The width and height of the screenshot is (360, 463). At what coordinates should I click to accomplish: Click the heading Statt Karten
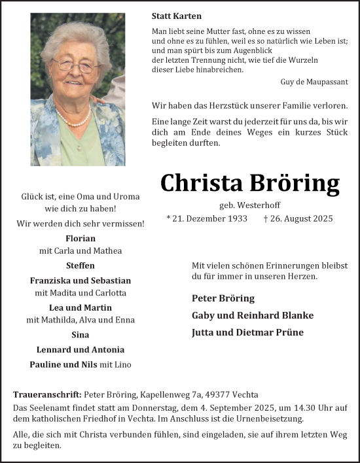tap(176, 16)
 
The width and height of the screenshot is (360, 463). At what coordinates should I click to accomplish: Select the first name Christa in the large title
tap(198, 184)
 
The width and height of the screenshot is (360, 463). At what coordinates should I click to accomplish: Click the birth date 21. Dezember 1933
tap(209, 218)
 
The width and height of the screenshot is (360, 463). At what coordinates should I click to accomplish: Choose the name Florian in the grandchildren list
tap(81, 239)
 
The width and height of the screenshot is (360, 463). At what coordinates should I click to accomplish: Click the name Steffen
tap(81, 266)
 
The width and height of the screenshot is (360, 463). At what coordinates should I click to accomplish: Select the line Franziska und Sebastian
tap(81, 280)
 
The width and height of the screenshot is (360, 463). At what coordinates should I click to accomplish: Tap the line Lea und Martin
tap(81, 307)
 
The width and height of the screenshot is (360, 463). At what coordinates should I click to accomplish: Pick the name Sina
tap(81, 334)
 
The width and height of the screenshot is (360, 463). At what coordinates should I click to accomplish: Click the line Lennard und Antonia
tap(81, 349)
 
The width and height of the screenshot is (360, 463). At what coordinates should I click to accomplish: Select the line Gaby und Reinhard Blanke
tap(252, 315)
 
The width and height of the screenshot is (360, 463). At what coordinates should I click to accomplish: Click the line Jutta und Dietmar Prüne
tap(248, 332)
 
